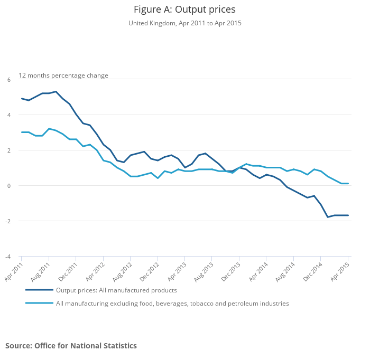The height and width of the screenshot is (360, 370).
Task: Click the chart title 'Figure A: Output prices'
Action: (184, 10)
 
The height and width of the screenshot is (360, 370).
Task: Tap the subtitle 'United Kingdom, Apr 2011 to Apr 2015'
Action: (184, 23)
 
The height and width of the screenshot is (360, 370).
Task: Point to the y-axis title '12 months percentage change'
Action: (63, 75)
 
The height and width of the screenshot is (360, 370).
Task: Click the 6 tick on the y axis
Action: (8, 80)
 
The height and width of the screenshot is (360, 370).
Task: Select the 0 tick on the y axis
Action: (8, 186)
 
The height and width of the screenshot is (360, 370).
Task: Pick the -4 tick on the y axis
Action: (7, 257)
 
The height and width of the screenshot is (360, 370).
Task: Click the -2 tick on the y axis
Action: (7, 221)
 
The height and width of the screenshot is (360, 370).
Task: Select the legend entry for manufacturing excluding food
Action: (172, 304)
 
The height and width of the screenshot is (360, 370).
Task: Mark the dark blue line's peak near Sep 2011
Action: (55, 91)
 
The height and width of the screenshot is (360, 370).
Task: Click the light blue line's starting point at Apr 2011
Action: (22, 132)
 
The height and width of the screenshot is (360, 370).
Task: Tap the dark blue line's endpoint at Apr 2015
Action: (348, 215)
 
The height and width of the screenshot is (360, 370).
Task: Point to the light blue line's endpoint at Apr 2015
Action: (348, 183)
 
